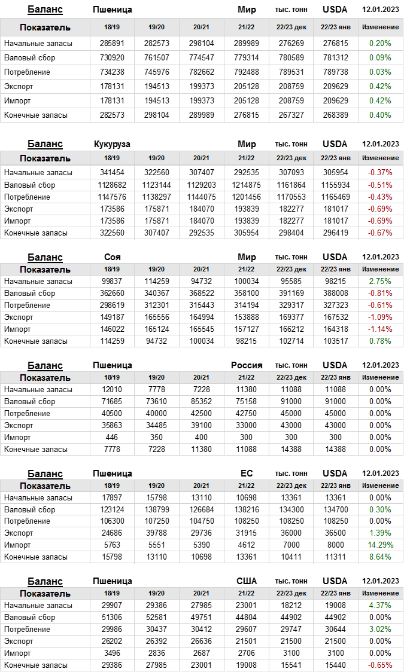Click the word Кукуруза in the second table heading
112,144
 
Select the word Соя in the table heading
112,257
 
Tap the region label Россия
247,365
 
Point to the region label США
247,581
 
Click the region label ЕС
247,474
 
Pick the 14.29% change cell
380,545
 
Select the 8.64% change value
380,557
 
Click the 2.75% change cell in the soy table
380,282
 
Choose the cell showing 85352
201,402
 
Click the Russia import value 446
112,438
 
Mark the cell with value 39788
156,533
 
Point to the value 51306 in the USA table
112,618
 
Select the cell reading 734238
112,72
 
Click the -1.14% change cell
380,329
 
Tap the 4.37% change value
380,605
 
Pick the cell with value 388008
336,294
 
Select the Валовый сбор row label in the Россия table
29,402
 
